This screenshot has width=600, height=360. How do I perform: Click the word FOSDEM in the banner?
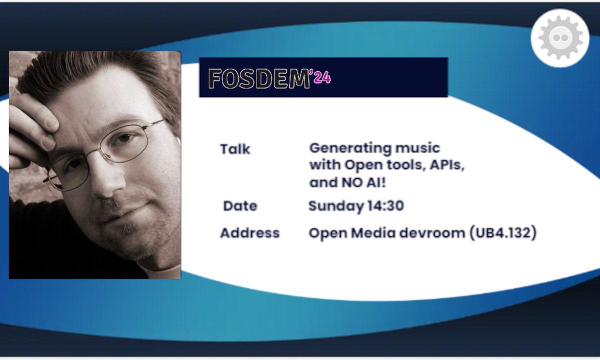259,78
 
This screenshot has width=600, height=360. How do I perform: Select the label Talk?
235,149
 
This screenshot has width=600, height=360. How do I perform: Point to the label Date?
240,206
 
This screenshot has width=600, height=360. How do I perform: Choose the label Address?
249,233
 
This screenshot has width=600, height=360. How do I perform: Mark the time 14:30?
385,206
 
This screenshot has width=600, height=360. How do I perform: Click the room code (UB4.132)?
502,233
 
